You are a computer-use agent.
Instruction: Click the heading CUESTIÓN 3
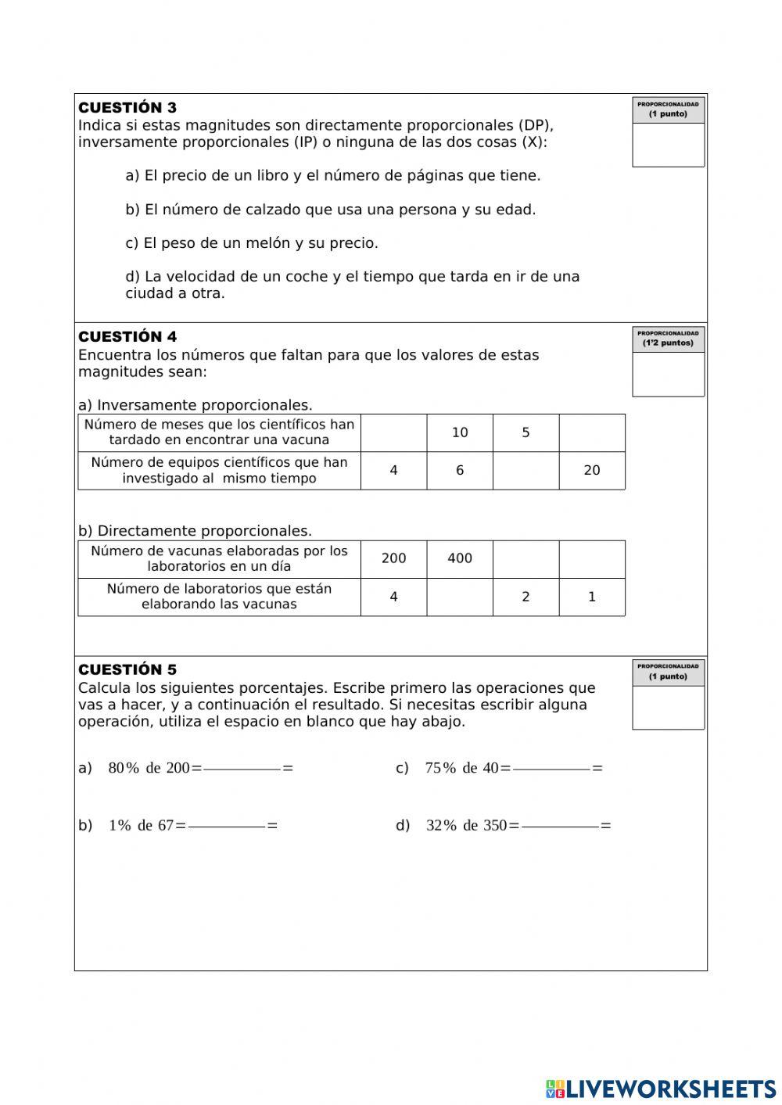click(x=127, y=108)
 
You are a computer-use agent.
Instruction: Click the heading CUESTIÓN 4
click(x=127, y=337)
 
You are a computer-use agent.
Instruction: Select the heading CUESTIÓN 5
click(x=127, y=670)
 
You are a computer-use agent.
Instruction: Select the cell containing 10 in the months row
click(x=460, y=433)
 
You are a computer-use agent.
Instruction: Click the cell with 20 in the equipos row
click(x=592, y=471)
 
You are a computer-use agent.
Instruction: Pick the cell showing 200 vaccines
click(x=393, y=558)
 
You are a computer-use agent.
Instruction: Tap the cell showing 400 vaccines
click(x=460, y=558)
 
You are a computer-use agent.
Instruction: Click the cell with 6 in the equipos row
click(x=460, y=471)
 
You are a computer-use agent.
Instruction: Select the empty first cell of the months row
click(x=393, y=433)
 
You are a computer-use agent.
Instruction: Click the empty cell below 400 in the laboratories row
click(x=460, y=597)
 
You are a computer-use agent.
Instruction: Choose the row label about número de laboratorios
click(x=219, y=597)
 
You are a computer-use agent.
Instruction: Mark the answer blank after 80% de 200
click(x=242, y=769)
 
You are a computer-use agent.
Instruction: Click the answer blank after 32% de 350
click(x=560, y=826)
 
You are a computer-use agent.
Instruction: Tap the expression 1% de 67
click(x=141, y=826)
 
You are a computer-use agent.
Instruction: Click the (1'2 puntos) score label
click(x=668, y=343)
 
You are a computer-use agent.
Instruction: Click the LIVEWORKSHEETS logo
click(x=661, y=1088)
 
